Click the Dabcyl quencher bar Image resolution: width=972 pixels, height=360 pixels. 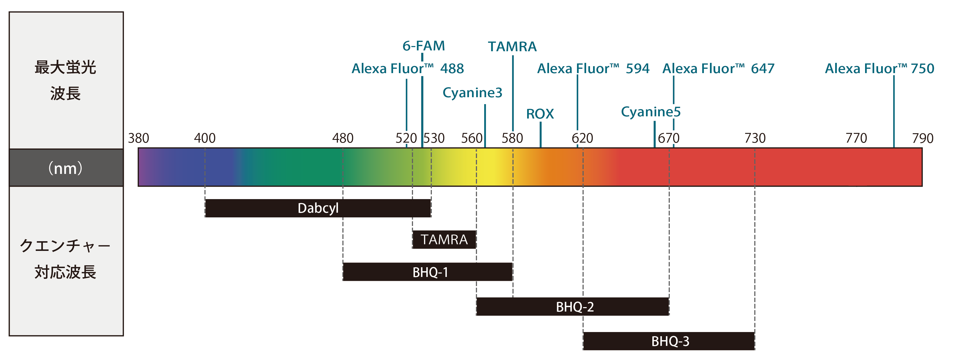pos(318,208)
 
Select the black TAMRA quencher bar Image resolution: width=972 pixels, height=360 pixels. pos(444,240)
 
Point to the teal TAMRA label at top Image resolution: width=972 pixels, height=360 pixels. pos(512,47)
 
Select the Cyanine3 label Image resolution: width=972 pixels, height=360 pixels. pos(472,93)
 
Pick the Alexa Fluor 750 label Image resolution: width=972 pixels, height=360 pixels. pos(879,69)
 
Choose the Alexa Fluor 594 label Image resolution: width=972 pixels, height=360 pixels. pos(593,69)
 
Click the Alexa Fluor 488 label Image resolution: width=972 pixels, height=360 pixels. pos(407,69)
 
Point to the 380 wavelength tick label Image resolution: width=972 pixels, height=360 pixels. pos(139,138)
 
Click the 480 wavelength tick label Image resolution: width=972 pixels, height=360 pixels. pos(343,138)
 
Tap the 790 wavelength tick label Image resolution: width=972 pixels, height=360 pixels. pos(923,138)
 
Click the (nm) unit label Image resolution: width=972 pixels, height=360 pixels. pos(66,168)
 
